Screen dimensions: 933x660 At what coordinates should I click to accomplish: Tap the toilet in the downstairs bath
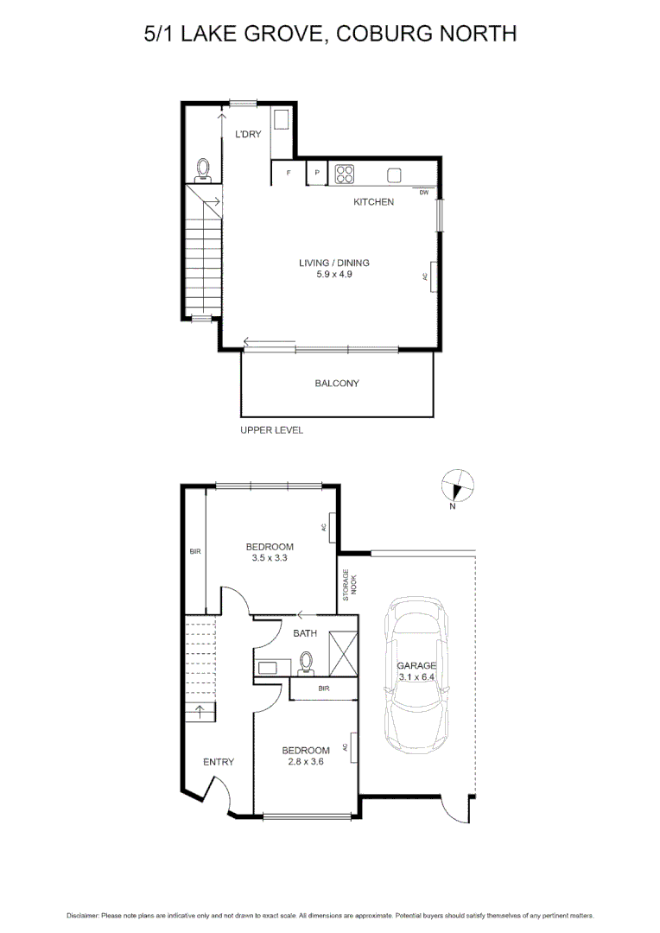(305, 663)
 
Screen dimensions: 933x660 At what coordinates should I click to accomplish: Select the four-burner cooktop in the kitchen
(345, 174)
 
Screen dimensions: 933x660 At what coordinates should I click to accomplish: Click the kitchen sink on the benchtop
(395, 175)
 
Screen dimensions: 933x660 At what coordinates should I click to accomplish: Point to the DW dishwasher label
(424, 193)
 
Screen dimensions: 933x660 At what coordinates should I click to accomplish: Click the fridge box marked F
(287, 173)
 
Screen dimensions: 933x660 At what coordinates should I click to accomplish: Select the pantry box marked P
(317, 173)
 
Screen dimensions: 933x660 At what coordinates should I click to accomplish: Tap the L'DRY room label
(248, 134)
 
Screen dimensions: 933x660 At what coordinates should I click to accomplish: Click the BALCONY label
(336, 384)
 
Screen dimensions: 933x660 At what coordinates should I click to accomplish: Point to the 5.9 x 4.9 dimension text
(334, 274)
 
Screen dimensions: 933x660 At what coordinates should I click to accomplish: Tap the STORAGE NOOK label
(349, 585)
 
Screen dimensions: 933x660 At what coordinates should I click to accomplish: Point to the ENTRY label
(219, 762)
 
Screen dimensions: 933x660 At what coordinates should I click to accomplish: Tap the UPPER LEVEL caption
(271, 430)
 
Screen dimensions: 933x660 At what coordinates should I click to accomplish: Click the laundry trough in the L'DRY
(282, 120)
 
